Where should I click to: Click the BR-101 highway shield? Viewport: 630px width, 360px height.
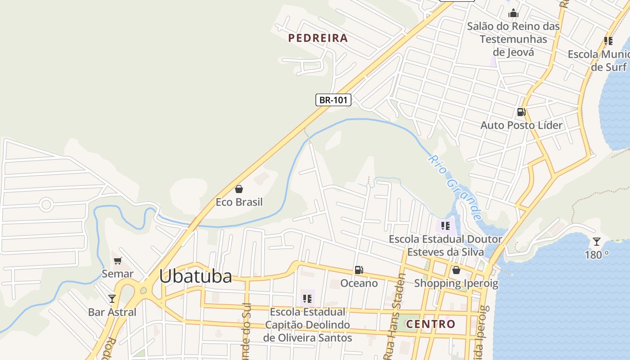(333, 100)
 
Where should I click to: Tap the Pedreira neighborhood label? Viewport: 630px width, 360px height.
(318, 38)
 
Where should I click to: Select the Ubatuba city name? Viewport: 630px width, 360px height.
(196, 276)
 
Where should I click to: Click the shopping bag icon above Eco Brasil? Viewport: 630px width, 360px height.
(239, 189)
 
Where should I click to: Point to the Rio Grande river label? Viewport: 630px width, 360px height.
(455, 188)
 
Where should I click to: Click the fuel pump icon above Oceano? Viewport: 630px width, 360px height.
(359, 270)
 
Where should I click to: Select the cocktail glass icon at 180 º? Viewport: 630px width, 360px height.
(596, 242)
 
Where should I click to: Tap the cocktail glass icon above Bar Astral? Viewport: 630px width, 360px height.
(112, 298)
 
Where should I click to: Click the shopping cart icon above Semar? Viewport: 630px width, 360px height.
(118, 261)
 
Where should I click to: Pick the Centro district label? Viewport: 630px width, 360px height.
(431, 324)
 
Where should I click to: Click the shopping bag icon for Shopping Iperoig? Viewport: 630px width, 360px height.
(456, 270)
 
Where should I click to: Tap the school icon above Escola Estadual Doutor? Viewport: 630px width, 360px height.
(445, 225)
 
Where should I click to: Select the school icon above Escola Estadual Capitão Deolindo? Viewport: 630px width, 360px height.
(307, 298)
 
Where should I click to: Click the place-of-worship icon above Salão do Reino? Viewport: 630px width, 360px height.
(513, 13)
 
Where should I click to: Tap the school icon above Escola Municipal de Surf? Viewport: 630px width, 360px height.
(608, 41)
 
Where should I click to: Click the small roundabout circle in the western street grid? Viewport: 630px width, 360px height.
(46, 205)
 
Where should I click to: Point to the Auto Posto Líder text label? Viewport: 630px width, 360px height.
(522, 125)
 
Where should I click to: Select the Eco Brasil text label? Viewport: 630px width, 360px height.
(239, 202)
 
